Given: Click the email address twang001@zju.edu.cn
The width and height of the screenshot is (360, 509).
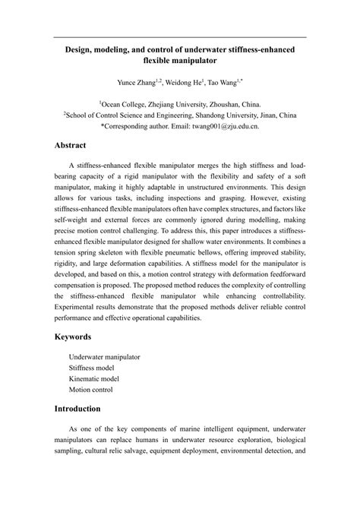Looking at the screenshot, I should tap(228, 126).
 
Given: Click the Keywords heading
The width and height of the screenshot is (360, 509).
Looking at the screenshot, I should tap(79, 337).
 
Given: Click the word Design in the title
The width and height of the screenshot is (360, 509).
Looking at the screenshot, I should tap(81, 48).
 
